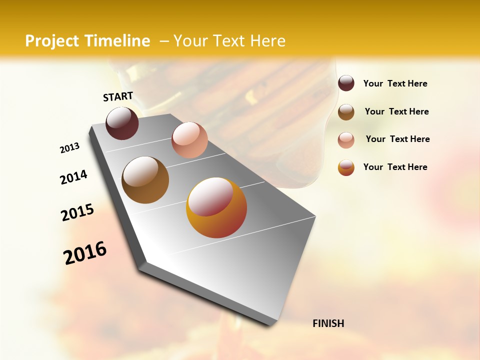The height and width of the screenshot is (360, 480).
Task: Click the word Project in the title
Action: pyautogui.click(x=51, y=41)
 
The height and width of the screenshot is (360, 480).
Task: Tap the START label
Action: pyautogui.click(x=118, y=96)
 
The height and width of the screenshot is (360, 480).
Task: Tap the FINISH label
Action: pyautogui.click(x=328, y=323)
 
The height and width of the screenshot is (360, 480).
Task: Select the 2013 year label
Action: pyautogui.click(x=69, y=148)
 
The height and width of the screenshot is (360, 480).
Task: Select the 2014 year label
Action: pyautogui.click(x=73, y=177)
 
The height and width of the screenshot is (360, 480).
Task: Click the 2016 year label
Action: pyautogui.click(x=85, y=253)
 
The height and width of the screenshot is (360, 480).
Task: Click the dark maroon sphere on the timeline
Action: pyautogui.click(x=122, y=123)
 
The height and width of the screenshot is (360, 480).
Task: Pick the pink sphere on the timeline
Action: pyautogui.click(x=189, y=140)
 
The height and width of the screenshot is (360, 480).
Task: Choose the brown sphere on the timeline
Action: pyautogui.click(x=145, y=180)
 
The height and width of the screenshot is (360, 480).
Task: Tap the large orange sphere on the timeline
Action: pyautogui.click(x=216, y=207)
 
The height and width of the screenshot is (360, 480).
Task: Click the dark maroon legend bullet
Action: pyautogui.click(x=346, y=83)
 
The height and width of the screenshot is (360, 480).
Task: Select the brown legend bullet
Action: pyautogui.click(x=346, y=111)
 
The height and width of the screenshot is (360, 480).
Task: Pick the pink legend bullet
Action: pyautogui.click(x=346, y=139)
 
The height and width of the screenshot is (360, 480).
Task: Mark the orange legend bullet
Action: pyautogui.click(x=346, y=167)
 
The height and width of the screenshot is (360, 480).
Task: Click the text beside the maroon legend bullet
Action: pyautogui.click(x=395, y=83)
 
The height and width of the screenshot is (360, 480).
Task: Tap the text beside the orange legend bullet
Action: pyautogui.click(x=395, y=167)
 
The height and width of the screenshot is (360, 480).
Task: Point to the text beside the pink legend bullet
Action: pyautogui.click(x=397, y=139)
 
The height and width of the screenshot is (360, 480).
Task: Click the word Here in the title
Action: pyautogui.click(x=267, y=41)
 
